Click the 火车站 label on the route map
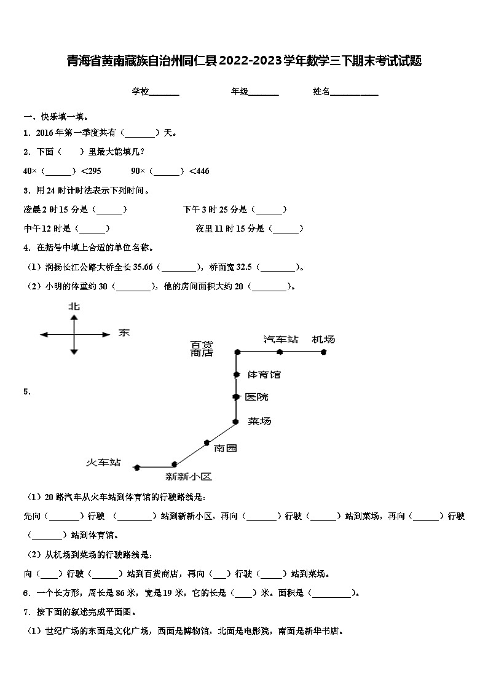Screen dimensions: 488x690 point(103,462)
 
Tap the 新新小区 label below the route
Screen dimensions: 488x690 point(189,476)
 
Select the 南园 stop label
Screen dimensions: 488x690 point(225,448)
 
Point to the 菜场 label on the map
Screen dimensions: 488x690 point(259,421)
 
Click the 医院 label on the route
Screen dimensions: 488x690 point(256,397)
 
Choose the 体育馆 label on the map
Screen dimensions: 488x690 point(264,374)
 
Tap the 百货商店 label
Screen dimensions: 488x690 point(202,348)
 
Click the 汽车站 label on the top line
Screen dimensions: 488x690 point(281,339)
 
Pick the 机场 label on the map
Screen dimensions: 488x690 point(323,339)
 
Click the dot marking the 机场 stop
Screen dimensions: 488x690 point(323,352)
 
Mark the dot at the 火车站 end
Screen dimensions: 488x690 point(136,467)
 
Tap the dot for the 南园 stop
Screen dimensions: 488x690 point(207,442)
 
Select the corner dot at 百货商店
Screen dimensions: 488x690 point(237,352)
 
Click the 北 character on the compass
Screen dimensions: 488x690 point(74,306)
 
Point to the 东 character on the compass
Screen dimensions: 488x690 point(124,333)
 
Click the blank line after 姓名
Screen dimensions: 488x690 point(355,92)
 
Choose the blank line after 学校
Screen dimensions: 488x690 point(164,92)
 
